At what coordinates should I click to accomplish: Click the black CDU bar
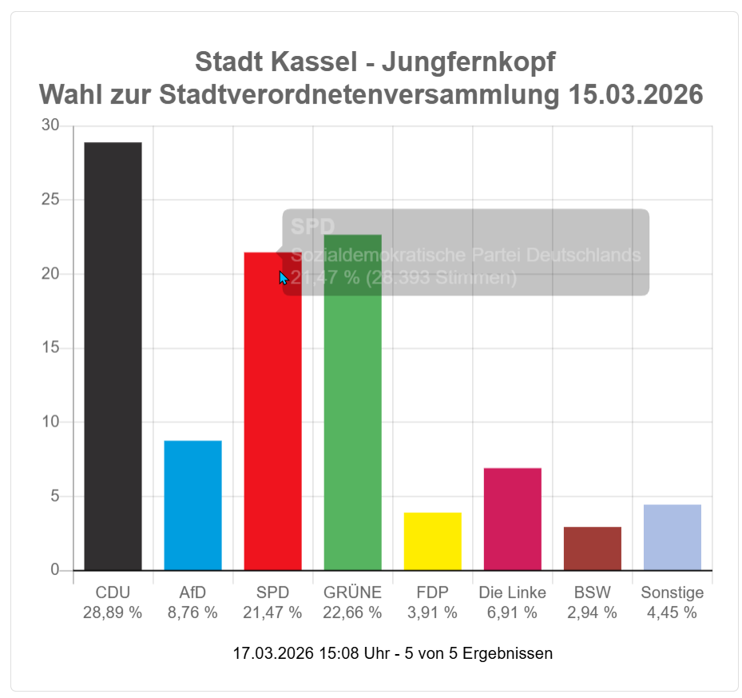click(113, 355)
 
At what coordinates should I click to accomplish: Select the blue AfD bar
click(192, 505)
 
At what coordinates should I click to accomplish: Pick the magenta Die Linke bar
click(512, 518)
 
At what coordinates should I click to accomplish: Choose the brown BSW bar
click(592, 548)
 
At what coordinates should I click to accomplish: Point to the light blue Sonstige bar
click(672, 537)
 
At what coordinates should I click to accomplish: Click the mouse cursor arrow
click(283, 277)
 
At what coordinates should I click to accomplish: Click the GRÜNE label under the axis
click(352, 593)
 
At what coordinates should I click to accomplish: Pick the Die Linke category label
click(512, 593)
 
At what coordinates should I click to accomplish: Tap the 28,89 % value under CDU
click(113, 613)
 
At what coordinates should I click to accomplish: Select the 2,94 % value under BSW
click(592, 613)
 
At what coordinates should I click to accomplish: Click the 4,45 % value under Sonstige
click(672, 613)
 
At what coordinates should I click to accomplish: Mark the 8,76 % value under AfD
click(192, 613)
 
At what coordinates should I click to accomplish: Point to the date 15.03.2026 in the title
click(636, 95)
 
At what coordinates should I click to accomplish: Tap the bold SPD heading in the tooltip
click(312, 227)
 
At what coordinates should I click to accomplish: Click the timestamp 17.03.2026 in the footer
click(272, 653)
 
